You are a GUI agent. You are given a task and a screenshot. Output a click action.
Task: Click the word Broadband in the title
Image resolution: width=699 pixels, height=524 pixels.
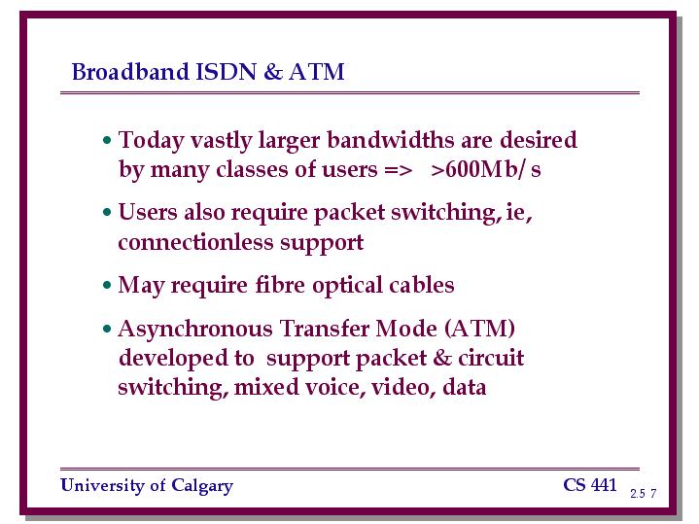tap(130, 71)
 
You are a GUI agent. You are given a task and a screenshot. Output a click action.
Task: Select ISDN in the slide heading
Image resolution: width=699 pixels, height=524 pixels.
tap(227, 71)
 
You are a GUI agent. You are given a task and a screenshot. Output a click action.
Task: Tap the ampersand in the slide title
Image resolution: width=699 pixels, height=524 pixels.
tap(273, 71)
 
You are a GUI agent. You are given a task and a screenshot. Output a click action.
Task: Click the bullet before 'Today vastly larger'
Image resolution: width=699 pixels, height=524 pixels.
tap(107, 140)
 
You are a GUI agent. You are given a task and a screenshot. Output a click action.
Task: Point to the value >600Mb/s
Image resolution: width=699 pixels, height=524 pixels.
tap(486, 169)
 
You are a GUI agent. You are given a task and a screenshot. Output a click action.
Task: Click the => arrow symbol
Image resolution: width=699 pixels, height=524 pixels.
tap(398, 170)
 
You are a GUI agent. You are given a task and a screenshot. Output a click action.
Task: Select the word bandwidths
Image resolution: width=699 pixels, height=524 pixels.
tap(391, 140)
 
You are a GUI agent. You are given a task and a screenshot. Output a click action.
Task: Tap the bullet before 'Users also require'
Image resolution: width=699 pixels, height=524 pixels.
tap(107, 212)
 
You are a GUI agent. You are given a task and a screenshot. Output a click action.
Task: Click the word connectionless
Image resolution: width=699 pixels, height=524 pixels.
tap(195, 242)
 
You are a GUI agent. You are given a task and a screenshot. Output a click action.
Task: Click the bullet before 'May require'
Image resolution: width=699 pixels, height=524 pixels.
tap(107, 285)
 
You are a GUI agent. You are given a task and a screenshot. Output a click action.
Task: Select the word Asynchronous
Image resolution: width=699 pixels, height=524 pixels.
tap(195, 330)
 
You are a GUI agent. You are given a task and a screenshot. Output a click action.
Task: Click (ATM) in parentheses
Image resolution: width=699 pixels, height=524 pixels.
tap(479, 330)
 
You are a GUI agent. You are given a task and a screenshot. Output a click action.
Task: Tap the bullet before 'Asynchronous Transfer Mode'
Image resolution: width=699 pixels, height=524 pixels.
tap(107, 330)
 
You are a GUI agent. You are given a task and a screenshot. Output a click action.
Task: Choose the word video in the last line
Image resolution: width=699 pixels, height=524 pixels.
tap(401, 387)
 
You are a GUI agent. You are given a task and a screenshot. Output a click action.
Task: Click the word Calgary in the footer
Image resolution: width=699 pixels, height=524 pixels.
tap(202, 486)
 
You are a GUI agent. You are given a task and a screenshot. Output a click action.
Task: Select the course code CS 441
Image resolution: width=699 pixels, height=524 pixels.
tap(590, 485)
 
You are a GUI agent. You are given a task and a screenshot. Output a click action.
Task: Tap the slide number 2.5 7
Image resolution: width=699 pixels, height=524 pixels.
tap(644, 493)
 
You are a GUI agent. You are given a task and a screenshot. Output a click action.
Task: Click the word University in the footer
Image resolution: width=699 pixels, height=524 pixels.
tap(102, 486)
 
